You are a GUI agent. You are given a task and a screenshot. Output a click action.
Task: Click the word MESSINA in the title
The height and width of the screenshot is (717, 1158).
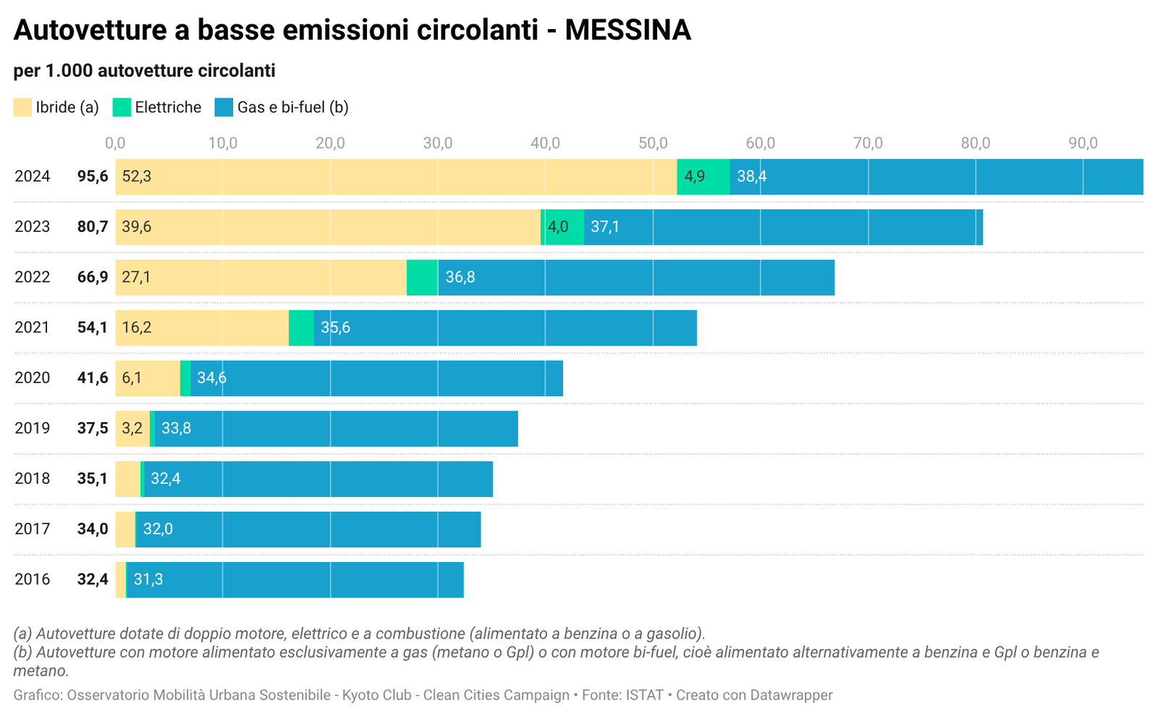[627, 30]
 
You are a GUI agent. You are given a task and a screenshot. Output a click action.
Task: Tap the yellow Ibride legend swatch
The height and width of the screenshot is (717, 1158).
[22, 107]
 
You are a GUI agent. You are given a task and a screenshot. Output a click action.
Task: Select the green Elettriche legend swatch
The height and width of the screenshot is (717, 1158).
[122, 107]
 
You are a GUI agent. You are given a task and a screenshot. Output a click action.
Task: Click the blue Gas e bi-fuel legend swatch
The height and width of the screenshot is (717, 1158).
[224, 107]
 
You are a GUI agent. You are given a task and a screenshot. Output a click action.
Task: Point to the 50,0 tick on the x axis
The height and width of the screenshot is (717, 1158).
[653, 143]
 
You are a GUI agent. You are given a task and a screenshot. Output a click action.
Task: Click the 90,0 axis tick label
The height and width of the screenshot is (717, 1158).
[1083, 143]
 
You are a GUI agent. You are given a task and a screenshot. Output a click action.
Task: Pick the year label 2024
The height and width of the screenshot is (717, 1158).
[33, 177]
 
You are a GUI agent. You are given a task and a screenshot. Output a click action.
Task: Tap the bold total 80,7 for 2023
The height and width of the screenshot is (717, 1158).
[93, 227]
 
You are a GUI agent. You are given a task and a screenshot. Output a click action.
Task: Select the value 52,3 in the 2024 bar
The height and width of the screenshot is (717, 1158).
[137, 177]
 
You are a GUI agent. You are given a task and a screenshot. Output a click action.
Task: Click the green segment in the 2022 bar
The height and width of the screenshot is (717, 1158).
[422, 277]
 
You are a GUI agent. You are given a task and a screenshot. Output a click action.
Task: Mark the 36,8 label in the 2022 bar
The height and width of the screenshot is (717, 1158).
[460, 277]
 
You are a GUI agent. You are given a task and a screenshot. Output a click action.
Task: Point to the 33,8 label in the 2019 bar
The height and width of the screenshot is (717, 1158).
[176, 428]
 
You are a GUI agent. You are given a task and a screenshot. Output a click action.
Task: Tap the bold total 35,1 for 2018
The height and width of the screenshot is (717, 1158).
[93, 479]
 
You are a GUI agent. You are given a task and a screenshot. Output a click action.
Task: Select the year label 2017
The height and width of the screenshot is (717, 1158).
[33, 529]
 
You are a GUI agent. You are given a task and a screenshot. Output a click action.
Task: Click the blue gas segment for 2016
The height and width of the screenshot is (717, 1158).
[304, 579]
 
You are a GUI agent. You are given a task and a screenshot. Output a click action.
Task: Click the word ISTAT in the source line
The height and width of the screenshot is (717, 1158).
[644, 695]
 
